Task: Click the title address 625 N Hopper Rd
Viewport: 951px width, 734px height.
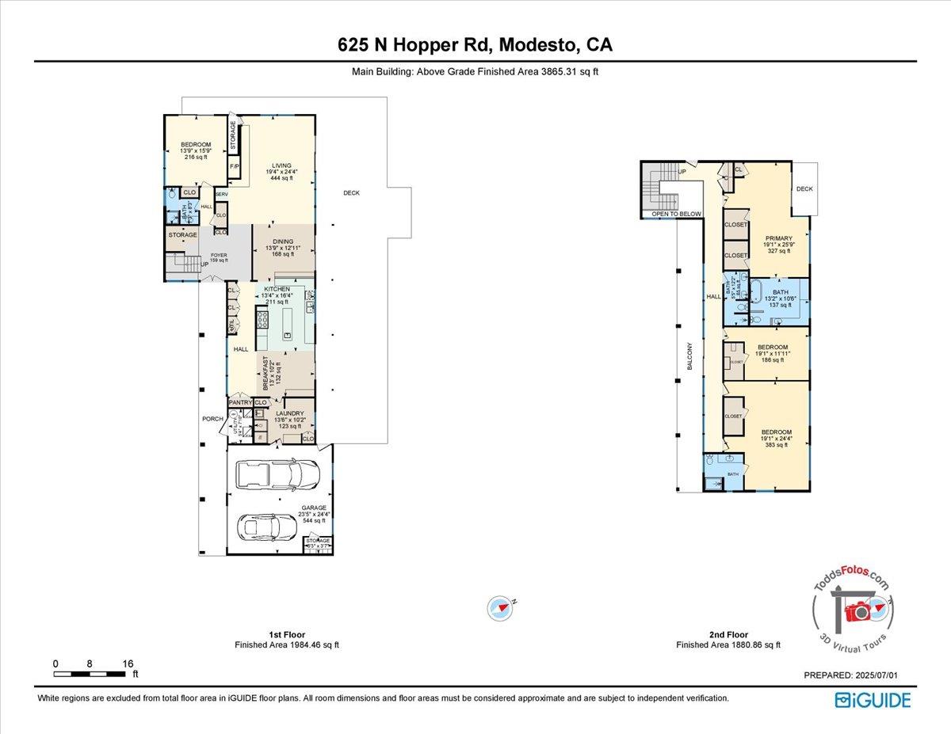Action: pos(475,46)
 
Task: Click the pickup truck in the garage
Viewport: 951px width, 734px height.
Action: pos(279,473)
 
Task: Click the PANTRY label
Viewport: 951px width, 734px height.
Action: pos(239,403)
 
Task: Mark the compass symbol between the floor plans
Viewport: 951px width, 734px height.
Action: pos(498,607)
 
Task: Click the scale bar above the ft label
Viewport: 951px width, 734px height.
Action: pos(90,674)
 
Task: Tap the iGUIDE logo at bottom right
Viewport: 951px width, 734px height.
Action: pos(873,700)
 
